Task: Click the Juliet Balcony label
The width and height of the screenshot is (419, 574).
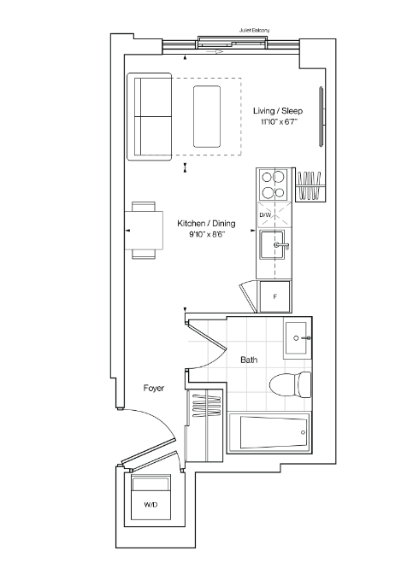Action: click(x=255, y=31)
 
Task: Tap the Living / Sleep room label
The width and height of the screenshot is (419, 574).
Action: click(x=278, y=111)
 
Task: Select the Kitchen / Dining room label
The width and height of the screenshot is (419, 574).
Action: click(x=206, y=223)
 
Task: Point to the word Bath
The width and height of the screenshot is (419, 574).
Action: click(x=249, y=360)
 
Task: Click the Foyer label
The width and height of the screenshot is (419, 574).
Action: click(x=154, y=388)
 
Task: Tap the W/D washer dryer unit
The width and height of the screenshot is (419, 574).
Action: click(x=150, y=497)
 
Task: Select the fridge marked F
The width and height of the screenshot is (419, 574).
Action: click(x=275, y=296)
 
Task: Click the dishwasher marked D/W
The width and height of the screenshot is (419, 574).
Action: click(x=274, y=214)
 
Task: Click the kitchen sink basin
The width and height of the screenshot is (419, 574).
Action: click(x=272, y=245)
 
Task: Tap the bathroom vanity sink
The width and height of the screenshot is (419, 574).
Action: click(x=296, y=338)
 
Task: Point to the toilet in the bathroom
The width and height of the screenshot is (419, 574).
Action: click(x=291, y=385)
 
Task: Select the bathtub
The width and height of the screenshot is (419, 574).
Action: click(x=269, y=432)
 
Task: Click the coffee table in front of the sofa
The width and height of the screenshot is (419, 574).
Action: click(x=207, y=117)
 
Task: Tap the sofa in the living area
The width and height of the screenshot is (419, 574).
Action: click(x=149, y=116)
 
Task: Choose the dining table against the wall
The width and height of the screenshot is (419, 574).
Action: click(x=144, y=231)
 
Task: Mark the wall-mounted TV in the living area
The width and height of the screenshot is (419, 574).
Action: click(x=322, y=117)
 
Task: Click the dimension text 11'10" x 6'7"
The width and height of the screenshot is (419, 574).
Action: click(x=279, y=122)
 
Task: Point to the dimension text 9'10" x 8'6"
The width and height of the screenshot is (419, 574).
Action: click(x=207, y=234)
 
